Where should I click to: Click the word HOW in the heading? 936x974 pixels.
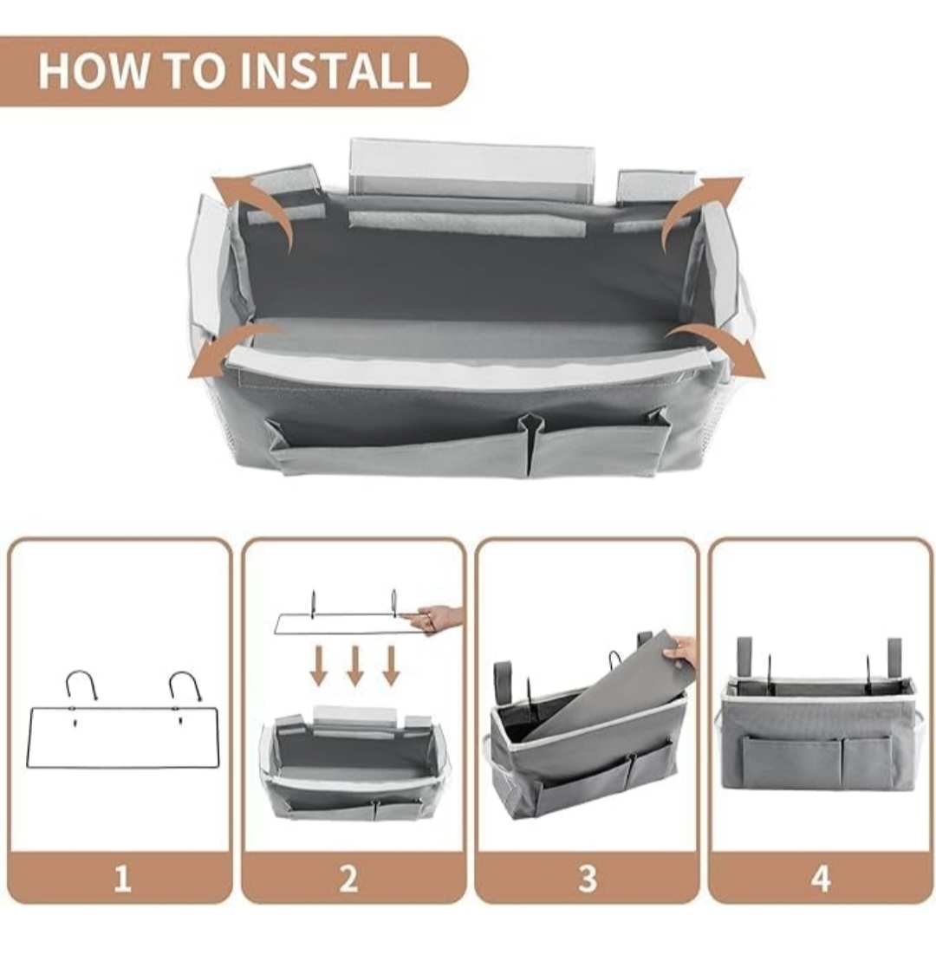coord(93,71)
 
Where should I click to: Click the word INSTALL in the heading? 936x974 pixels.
coord(335,71)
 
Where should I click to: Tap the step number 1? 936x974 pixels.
coord(122,879)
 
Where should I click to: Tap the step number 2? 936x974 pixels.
coord(348,879)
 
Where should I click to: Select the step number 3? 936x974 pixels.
coord(588,879)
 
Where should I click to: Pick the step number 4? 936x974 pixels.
coord(821,879)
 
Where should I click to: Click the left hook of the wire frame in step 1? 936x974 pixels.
coord(81,680)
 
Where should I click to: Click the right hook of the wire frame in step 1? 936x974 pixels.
coord(185,680)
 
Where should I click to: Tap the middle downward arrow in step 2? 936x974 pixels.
coord(354,666)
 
